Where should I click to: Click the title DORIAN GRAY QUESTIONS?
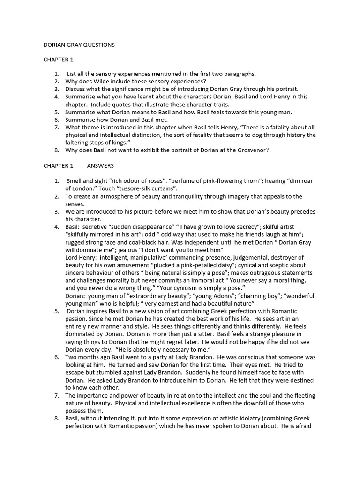(x=79, y=45)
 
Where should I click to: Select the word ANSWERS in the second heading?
(x=100, y=166)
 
